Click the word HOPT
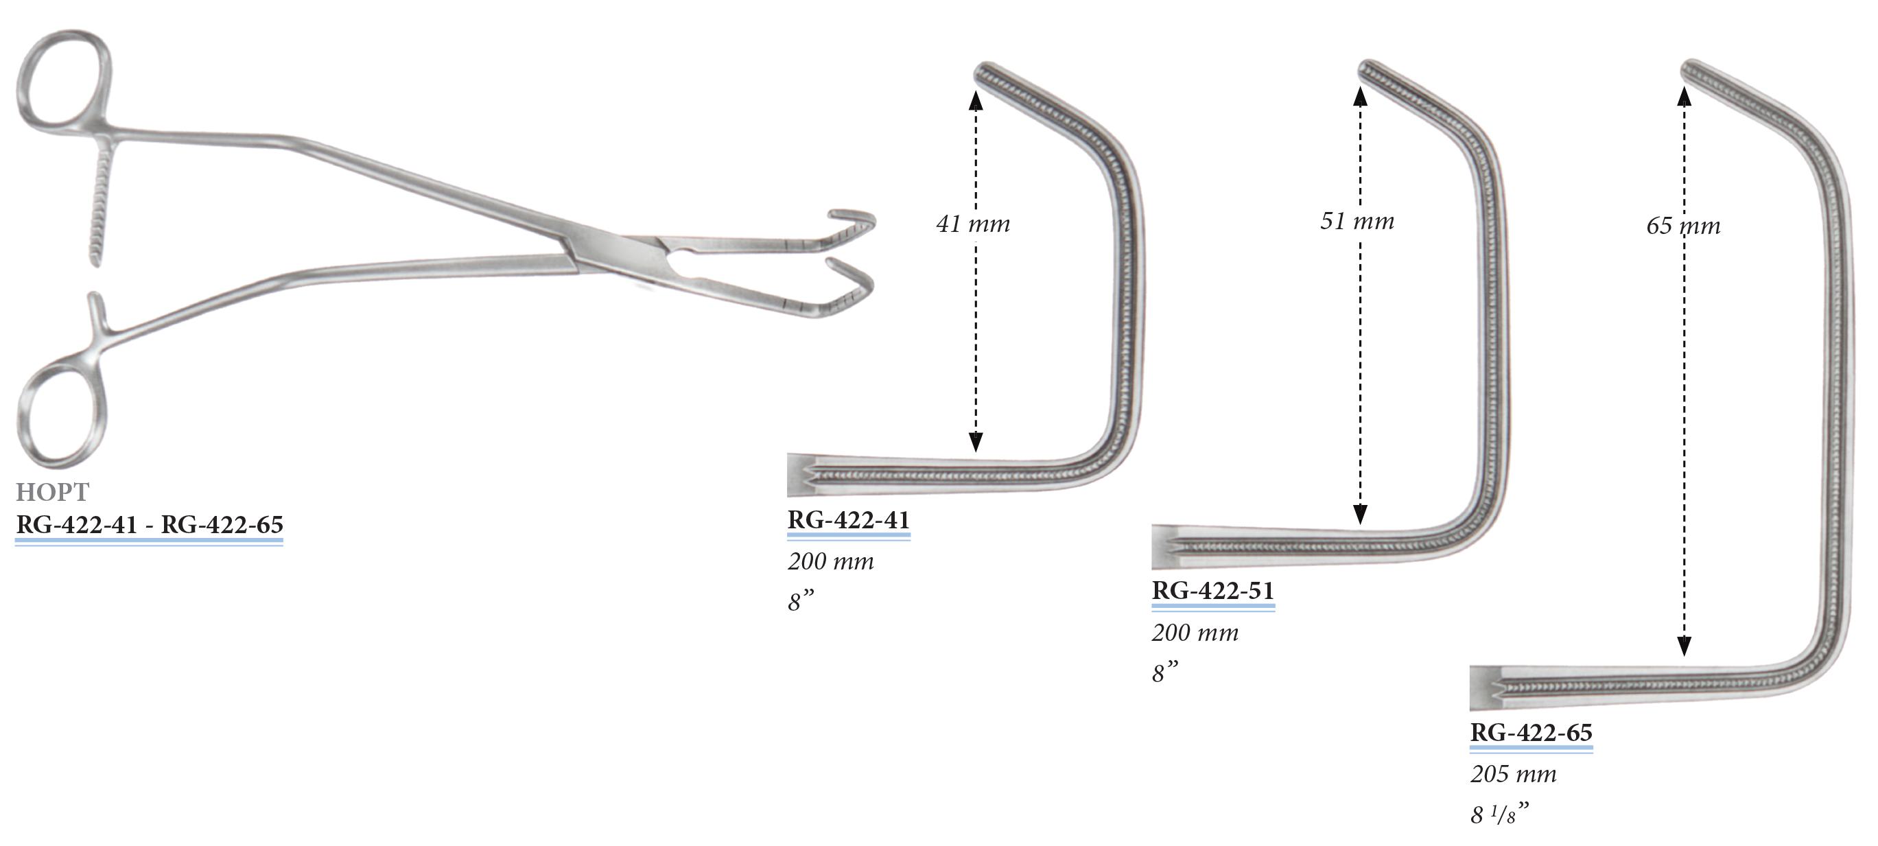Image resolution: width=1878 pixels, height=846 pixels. pyautogui.click(x=52, y=492)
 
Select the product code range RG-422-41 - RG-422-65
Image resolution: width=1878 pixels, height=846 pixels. pyautogui.click(x=150, y=524)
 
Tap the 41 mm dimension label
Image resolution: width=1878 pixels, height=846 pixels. pyautogui.click(x=972, y=223)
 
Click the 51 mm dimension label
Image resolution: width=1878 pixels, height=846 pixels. pyautogui.click(x=1357, y=220)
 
